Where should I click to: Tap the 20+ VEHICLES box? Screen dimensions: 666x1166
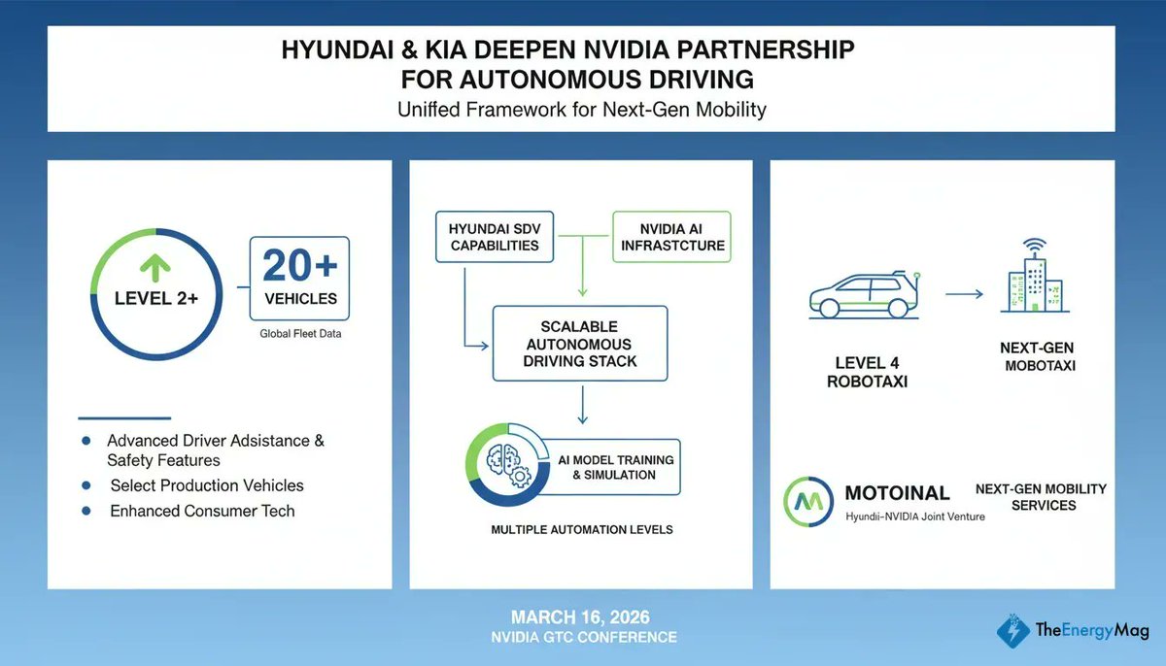[x=299, y=279]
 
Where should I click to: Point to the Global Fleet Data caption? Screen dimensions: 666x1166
[x=299, y=334]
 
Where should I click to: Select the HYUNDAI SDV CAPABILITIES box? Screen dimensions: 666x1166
[x=494, y=237]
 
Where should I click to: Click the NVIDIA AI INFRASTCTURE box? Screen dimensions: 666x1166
[x=671, y=237]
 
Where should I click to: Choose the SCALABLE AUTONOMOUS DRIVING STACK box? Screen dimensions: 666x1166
[x=580, y=344]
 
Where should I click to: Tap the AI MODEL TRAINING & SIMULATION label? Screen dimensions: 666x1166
[x=614, y=467]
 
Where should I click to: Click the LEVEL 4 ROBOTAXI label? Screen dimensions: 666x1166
[x=866, y=373]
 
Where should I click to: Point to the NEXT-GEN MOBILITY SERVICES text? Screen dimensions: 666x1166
[x=1041, y=497]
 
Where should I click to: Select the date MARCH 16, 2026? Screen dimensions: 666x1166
[x=582, y=617]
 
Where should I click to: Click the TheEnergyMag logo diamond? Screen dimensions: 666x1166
[x=1013, y=628]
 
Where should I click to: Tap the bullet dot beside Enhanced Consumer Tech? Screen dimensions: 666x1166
[x=87, y=511]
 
